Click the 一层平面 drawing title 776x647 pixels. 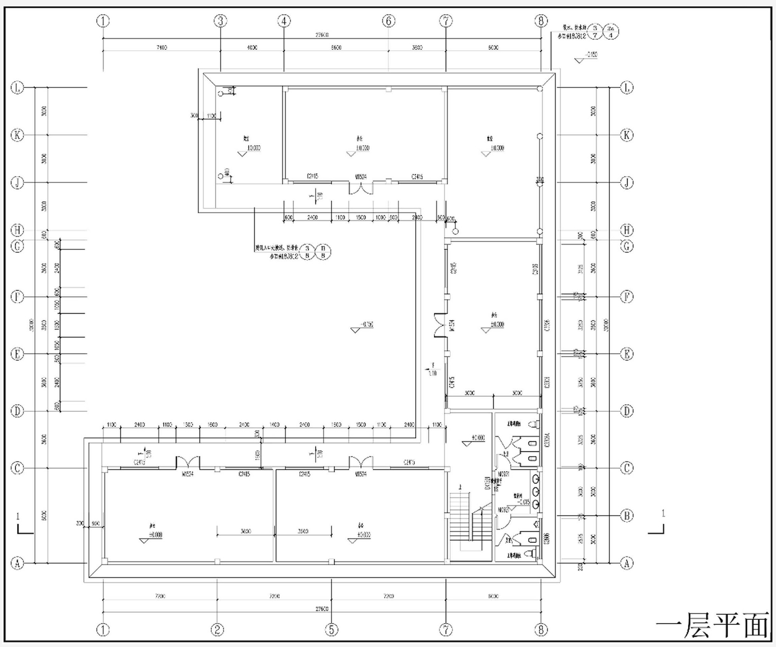pos(712,625)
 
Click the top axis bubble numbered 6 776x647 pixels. pos(388,21)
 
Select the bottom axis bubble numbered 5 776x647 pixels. pos(331,630)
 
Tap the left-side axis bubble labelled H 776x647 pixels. pos(17,230)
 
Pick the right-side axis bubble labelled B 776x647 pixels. pos(627,516)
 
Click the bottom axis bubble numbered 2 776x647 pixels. pos(217,630)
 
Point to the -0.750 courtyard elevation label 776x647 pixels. pos(367,324)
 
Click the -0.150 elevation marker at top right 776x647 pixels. pos(591,55)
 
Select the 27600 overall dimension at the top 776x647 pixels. pos(322,35)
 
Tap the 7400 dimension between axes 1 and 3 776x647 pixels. pos(161,47)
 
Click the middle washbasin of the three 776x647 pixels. pos(536,491)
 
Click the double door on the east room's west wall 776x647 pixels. pos(440,325)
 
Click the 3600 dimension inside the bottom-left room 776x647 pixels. pos(246,531)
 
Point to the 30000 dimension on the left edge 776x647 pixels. pos(32,325)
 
